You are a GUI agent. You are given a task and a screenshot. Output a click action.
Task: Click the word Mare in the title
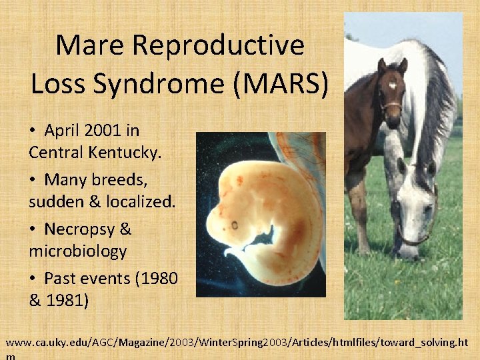click(x=90, y=45)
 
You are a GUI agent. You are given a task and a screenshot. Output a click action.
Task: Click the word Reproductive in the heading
click(x=218, y=46)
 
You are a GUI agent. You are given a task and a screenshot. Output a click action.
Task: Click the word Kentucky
click(x=125, y=152)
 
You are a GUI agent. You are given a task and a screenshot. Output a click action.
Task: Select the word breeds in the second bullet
click(x=120, y=180)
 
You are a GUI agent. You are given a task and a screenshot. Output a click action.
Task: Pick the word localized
click(x=141, y=201)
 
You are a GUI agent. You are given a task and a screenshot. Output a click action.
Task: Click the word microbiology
click(x=78, y=251)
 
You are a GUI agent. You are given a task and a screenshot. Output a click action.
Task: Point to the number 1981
click(x=67, y=300)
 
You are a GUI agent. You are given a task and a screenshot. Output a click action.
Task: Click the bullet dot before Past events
click(x=33, y=278)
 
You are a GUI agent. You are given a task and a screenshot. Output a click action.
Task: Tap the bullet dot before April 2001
click(x=33, y=130)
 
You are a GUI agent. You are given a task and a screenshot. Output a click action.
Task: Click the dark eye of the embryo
click(x=235, y=225)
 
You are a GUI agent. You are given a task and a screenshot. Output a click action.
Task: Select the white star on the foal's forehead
click(x=393, y=85)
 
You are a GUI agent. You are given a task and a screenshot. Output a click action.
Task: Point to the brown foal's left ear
click(x=402, y=66)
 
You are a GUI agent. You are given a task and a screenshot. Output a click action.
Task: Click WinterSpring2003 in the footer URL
click(x=243, y=343)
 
